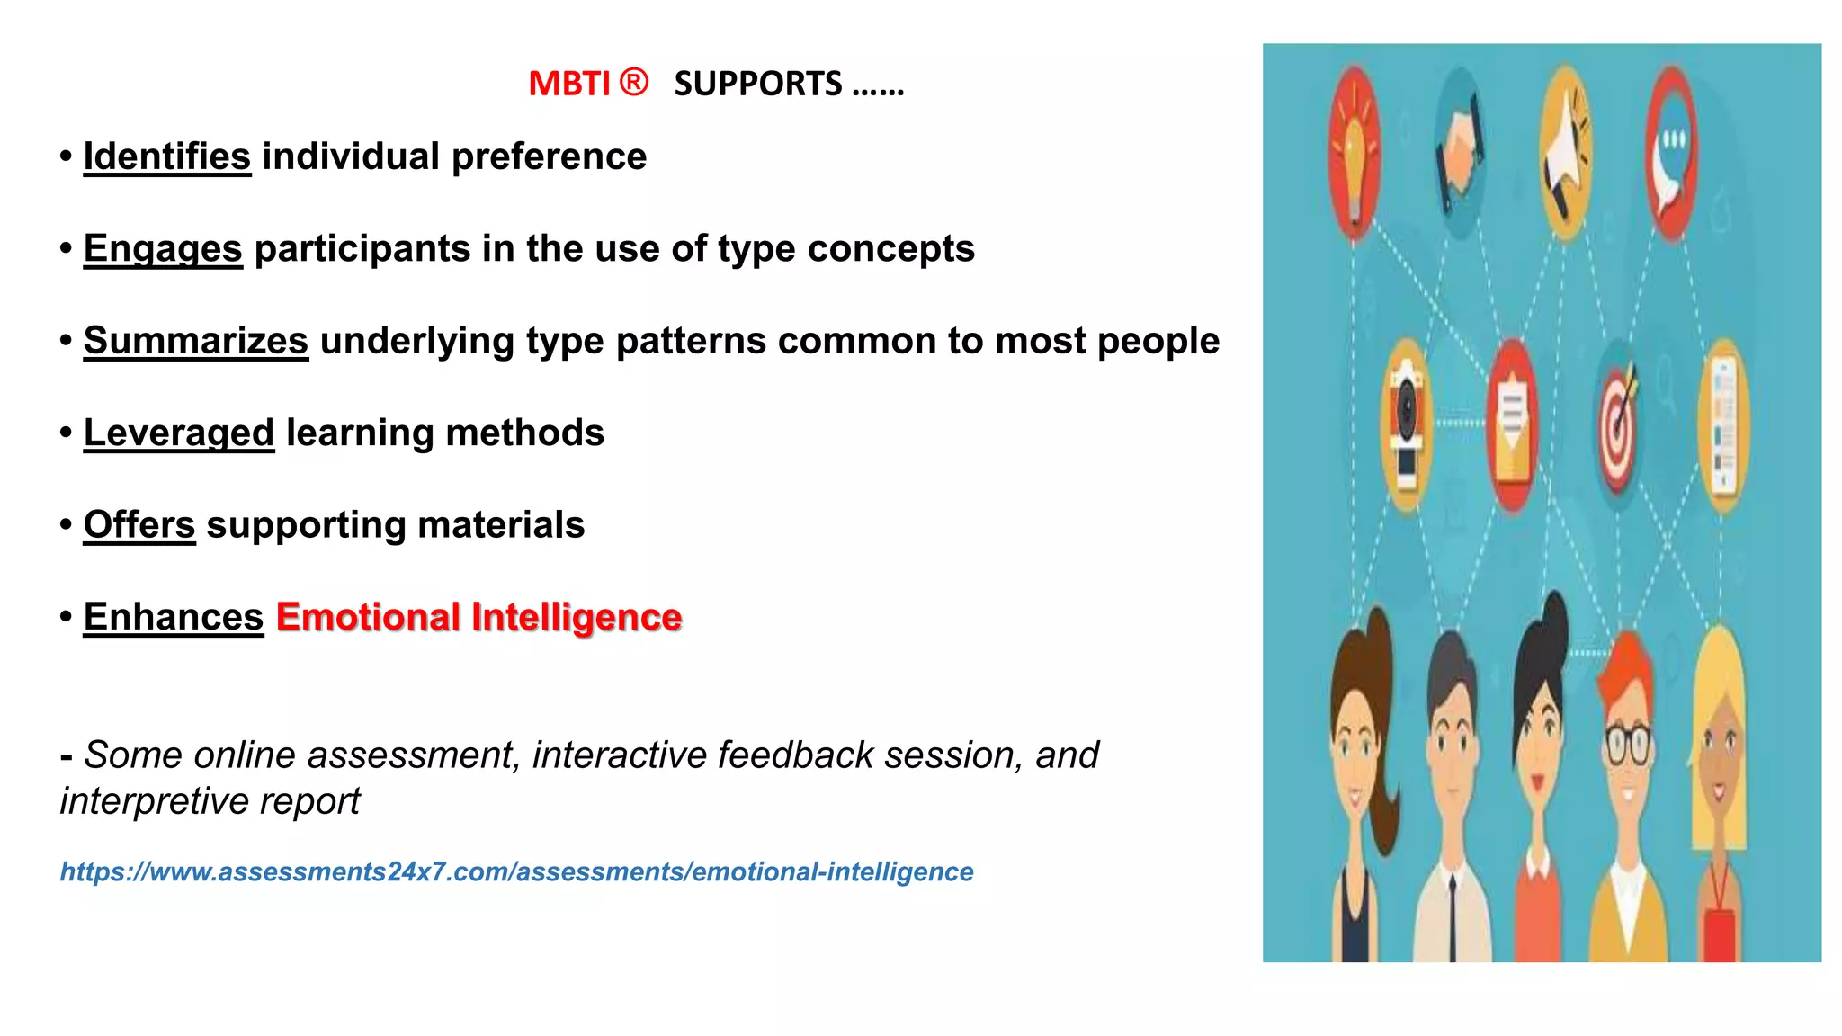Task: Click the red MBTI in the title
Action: pos(568,84)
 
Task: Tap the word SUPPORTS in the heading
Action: pos(757,84)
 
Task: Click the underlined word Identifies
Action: pos(166,156)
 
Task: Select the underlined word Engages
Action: pos(163,249)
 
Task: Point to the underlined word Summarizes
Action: pos(195,341)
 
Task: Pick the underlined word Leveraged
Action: pos(178,433)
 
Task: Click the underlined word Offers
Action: pos(139,525)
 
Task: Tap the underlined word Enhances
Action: pos(173,617)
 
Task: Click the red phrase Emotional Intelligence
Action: pos(478,617)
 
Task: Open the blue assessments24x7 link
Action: pos(516,871)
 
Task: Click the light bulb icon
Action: pos(1354,153)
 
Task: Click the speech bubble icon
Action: pos(1670,153)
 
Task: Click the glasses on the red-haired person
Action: pos(1628,745)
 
